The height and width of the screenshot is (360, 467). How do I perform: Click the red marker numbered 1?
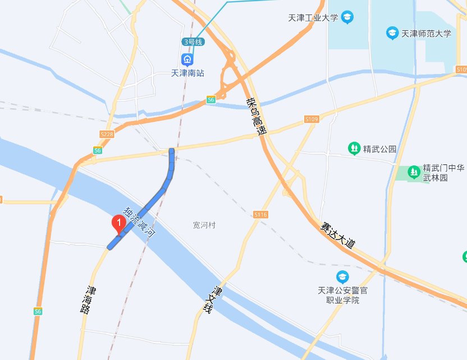(x=118, y=223)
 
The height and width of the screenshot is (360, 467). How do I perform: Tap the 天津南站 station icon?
(x=186, y=59)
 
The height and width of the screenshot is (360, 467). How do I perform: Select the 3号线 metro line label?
(x=193, y=42)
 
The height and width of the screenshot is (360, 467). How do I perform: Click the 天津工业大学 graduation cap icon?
(x=347, y=17)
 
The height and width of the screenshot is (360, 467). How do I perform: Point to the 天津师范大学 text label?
(x=427, y=34)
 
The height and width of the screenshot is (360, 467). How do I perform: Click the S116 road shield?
(x=260, y=215)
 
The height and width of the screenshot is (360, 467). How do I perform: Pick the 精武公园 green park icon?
(x=355, y=149)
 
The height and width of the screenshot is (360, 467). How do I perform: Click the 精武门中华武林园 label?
(x=443, y=173)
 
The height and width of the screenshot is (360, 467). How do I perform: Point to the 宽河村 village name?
(x=204, y=225)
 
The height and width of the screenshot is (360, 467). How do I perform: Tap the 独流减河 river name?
(x=139, y=223)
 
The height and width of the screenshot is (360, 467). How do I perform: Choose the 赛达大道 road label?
(x=338, y=236)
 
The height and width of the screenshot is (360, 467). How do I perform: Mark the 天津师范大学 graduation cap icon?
(x=392, y=33)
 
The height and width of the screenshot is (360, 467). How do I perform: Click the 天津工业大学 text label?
(x=313, y=18)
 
